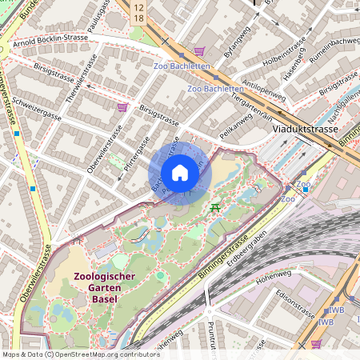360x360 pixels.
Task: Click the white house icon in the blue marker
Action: point(180,173)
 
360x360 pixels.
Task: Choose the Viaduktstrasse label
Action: point(304,128)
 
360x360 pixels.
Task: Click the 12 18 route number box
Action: point(139,11)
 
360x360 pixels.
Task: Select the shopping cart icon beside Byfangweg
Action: point(199,50)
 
